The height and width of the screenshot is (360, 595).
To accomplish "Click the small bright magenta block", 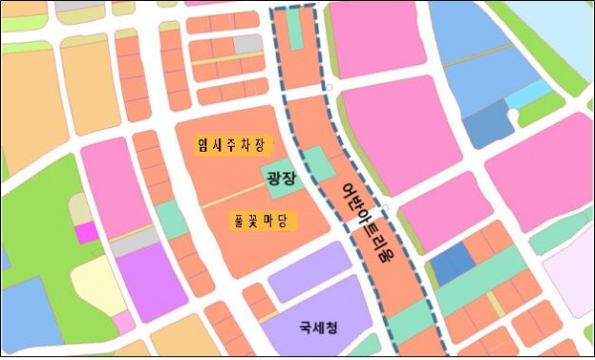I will pyautogui.click(x=86, y=232).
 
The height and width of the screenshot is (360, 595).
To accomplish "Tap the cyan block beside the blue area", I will pyautogui.click(x=535, y=93).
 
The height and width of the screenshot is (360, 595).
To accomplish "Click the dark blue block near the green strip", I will pyautogui.click(x=452, y=266).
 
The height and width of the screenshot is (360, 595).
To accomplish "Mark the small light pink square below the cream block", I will pyautogui.click(x=123, y=321).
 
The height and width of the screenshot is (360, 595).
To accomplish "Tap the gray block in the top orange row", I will pyautogui.click(x=249, y=44).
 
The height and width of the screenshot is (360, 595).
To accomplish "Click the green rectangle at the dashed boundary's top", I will pyautogui.click(x=296, y=30).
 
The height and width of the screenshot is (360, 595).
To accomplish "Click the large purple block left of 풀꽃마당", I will pyautogui.click(x=141, y=279).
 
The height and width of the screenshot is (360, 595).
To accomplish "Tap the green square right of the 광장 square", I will pyautogui.click(x=316, y=164).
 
